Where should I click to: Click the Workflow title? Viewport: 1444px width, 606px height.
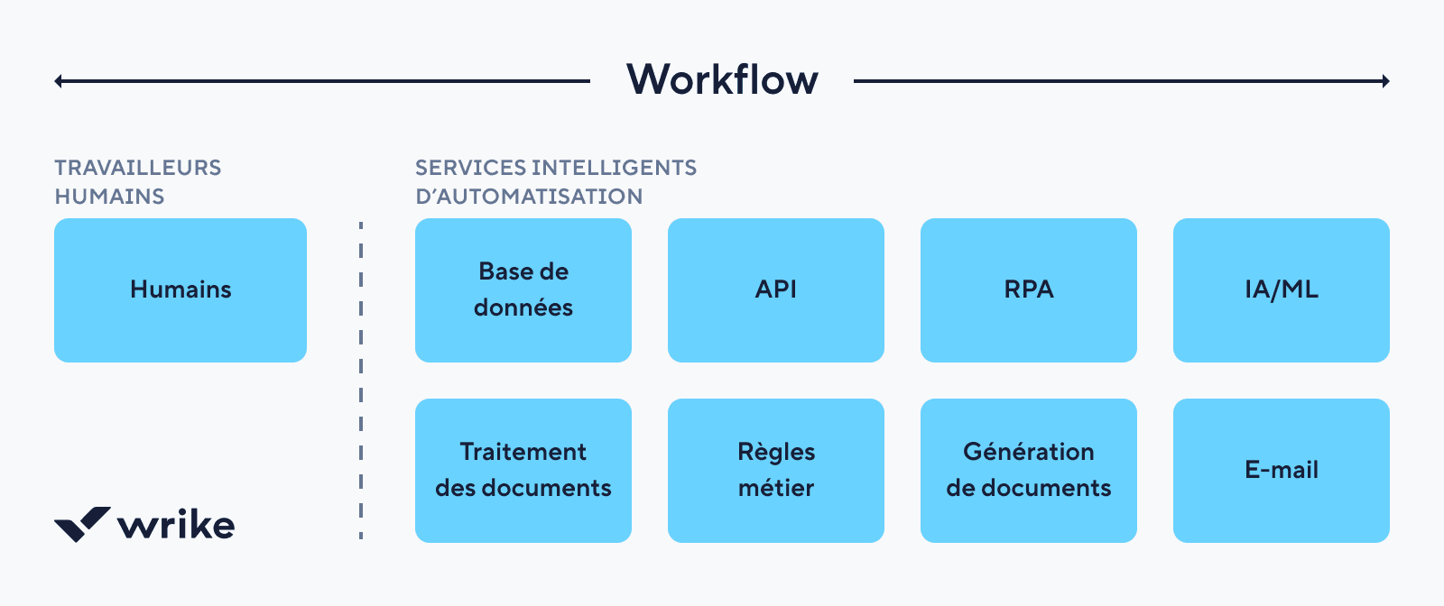point(722,79)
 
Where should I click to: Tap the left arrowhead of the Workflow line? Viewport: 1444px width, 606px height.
point(59,81)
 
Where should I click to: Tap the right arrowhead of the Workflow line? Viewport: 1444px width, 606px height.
point(1385,81)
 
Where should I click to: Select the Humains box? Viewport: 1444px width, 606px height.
point(180,289)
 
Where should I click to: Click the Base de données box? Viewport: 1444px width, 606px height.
point(523,289)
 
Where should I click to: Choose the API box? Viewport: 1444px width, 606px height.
point(776,289)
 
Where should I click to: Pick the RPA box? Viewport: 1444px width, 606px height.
point(1029,289)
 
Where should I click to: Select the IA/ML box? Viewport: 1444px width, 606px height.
point(1282,289)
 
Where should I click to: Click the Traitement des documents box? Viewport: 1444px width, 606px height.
point(523,470)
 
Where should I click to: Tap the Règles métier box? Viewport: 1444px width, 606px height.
point(776,470)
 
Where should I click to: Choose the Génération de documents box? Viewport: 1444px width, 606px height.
point(1029,470)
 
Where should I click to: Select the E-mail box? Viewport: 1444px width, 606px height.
point(1282,470)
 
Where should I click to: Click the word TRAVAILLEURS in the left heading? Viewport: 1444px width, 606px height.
point(137,168)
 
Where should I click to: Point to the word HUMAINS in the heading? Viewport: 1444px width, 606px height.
point(109,197)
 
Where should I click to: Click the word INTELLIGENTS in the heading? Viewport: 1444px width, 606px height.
point(615,168)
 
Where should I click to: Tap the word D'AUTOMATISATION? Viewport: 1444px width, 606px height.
point(529,197)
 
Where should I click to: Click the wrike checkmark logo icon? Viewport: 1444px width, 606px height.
point(82,523)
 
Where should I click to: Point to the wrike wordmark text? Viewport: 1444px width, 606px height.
point(177,524)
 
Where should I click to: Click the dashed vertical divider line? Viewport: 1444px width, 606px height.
point(361,379)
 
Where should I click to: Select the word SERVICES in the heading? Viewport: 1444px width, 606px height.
point(470,168)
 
